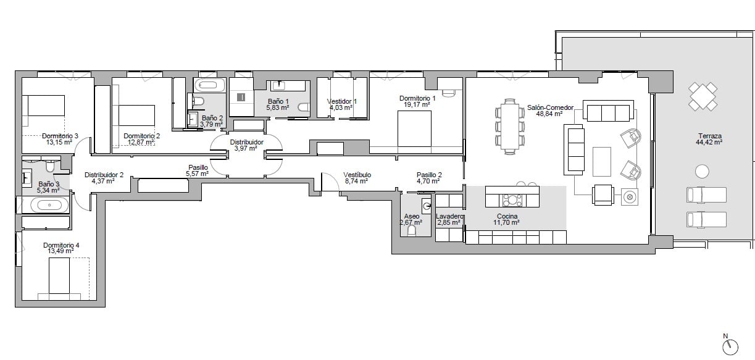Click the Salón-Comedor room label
pos(550,107)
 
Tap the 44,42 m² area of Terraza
pos(709,142)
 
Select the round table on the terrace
pos(702,171)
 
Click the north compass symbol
pos(730,347)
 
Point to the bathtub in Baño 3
pos(49,205)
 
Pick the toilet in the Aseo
pos(411,231)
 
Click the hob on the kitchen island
pos(512,200)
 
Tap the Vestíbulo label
pos(357,175)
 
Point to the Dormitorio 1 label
pos(417,98)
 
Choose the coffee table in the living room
pos(602,161)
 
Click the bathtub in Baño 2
pos(209,85)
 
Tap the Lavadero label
pos(449,216)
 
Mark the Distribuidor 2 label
pos(104,175)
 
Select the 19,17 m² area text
pos(417,105)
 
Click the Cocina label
pos(507,216)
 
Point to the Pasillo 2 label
pos(429,175)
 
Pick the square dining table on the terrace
pos(703,96)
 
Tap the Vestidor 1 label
pos(342,101)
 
